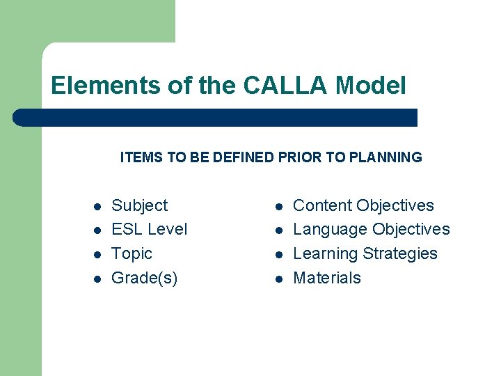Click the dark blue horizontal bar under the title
(x=216, y=118)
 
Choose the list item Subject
(x=139, y=205)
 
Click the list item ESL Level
(x=149, y=229)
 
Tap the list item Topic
(x=132, y=253)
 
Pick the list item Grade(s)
(x=144, y=278)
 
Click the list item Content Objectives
(x=363, y=205)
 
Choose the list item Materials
(x=327, y=278)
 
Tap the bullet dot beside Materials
(x=278, y=279)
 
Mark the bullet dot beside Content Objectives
(x=278, y=207)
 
